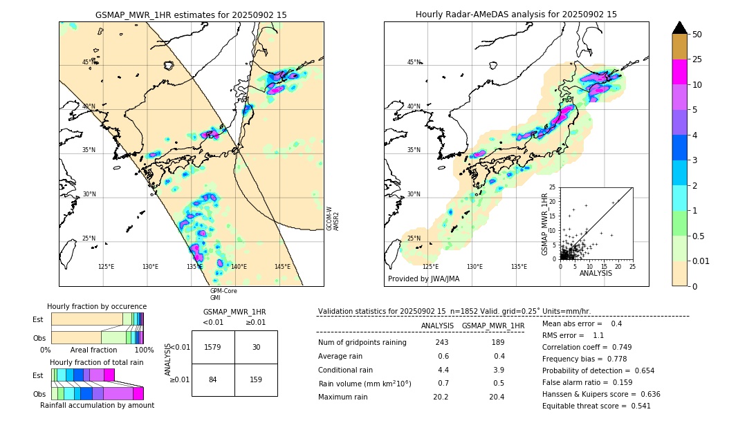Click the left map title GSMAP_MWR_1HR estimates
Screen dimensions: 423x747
[x=191, y=15]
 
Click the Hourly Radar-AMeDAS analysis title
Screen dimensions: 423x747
[x=516, y=15]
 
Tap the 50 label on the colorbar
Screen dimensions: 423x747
[x=697, y=35]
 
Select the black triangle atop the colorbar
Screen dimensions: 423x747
[x=679, y=28]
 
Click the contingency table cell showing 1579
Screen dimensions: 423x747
[x=213, y=347]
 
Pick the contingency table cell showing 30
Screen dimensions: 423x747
[x=256, y=347]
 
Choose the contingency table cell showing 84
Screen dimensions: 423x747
[x=213, y=379]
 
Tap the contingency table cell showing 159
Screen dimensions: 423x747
[x=256, y=379]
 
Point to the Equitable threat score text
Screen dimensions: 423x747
[x=596, y=406]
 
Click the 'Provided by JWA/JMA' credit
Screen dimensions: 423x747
[x=423, y=279]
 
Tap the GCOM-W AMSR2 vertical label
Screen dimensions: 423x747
[x=333, y=218]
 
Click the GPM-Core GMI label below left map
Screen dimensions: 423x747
[x=223, y=294]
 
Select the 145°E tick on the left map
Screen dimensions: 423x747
[x=282, y=267]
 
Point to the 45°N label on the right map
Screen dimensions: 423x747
[x=414, y=62]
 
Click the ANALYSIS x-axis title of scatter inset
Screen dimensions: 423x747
[x=596, y=274]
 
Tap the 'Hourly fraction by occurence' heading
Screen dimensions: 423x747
[x=97, y=306]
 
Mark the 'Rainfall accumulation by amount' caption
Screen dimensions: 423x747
[x=97, y=405]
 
